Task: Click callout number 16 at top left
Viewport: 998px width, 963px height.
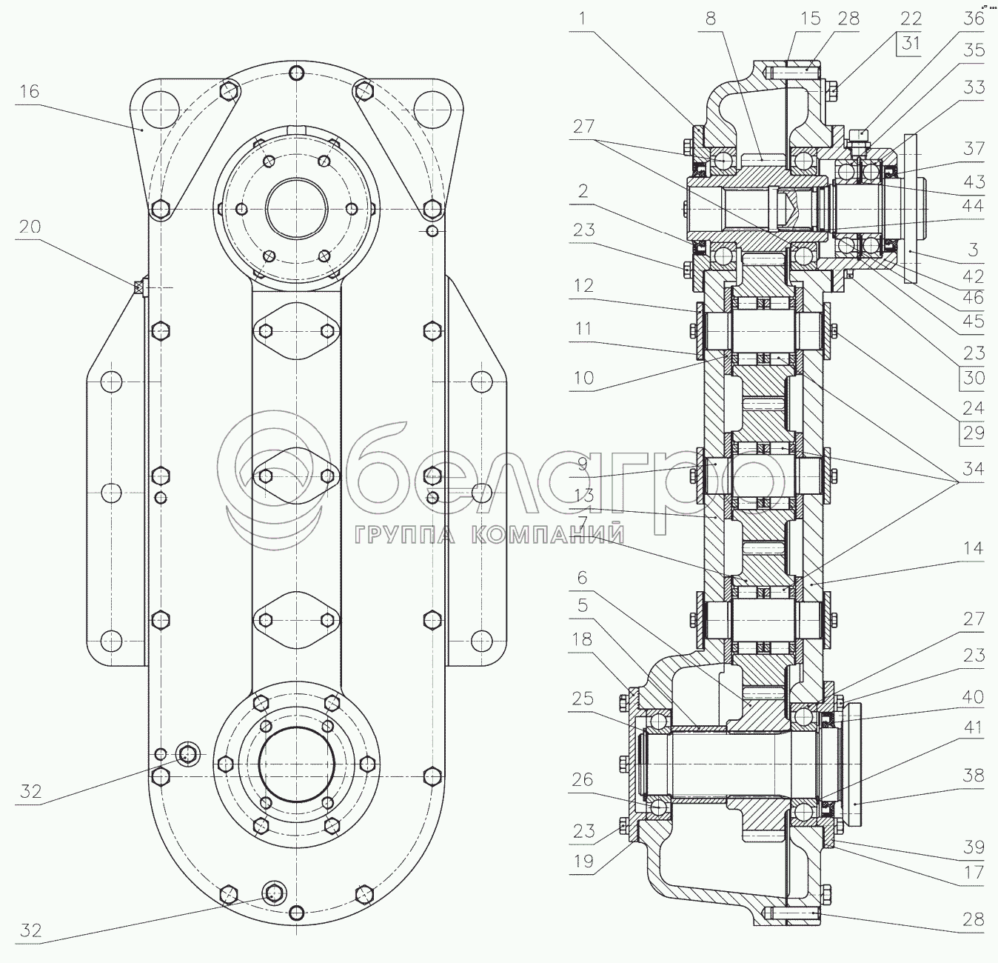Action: pyautogui.click(x=29, y=91)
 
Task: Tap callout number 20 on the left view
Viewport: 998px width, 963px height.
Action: pyautogui.click(x=30, y=226)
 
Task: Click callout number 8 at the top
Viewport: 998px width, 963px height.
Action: pyautogui.click(x=710, y=19)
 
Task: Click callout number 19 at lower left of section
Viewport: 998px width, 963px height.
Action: pyautogui.click(x=583, y=862)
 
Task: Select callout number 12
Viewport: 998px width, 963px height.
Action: pyautogui.click(x=583, y=285)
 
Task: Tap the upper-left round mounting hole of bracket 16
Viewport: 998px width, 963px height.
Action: pyautogui.click(x=161, y=110)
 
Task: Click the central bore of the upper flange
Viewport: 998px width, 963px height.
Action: pyautogui.click(x=296, y=209)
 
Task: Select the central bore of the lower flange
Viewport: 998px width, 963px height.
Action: pyautogui.click(x=296, y=764)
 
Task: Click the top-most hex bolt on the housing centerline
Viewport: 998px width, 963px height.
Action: pyautogui.click(x=296, y=73)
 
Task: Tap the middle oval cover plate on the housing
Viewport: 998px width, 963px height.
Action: pyautogui.click(x=296, y=476)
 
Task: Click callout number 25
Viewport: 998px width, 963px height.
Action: pyautogui.click(x=583, y=699)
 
